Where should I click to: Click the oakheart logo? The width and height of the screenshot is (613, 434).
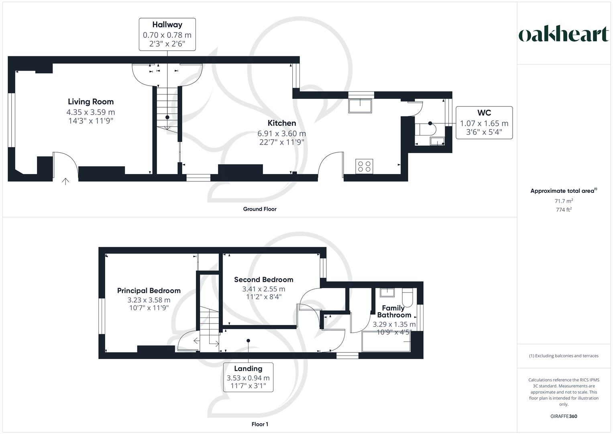[x=564, y=35]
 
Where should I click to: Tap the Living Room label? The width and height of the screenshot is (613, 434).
[x=91, y=102]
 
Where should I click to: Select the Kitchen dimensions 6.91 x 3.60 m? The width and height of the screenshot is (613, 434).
[x=281, y=133]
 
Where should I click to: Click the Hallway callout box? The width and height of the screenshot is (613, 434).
[x=167, y=34]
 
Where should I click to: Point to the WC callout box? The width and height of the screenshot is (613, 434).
[x=484, y=123]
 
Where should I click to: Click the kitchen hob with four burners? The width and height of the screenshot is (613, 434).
[x=364, y=166]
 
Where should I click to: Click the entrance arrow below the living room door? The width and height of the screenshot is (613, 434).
[x=65, y=181]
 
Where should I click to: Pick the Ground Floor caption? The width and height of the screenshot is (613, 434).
[x=260, y=209]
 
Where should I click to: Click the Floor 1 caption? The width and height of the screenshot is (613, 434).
[x=260, y=424]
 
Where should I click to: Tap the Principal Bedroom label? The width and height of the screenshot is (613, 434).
[x=149, y=291]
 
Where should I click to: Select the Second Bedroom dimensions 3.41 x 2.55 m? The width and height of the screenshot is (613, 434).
[x=264, y=289]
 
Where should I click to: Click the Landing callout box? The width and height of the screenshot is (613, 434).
[x=248, y=377]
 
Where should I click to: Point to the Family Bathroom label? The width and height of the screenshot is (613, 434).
[x=394, y=311]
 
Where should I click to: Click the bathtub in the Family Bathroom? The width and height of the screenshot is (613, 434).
[x=387, y=342]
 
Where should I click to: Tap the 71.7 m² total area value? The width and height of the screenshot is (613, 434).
[x=564, y=201]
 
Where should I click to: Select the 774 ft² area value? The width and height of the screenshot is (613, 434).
[x=564, y=209]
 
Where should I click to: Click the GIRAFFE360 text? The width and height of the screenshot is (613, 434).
[x=564, y=416]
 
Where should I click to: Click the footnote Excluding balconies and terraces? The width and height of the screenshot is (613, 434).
[x=564, y=356]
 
